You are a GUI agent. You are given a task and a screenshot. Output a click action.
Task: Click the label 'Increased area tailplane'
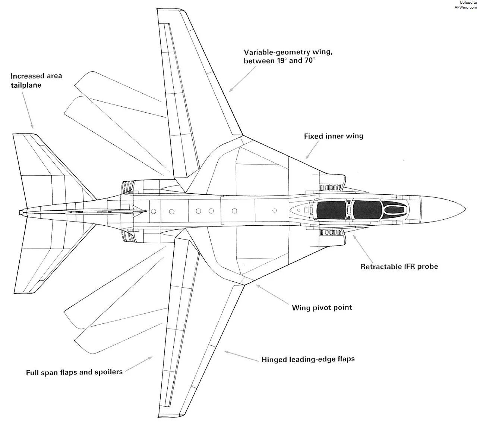(x=36, y=81)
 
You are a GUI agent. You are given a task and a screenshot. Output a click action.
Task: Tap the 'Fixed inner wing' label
(x=334, y=136)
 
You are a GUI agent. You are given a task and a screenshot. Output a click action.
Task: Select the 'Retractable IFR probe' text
(x=399, y=266)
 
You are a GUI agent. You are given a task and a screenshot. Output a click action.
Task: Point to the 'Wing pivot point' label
(x=322, y=308)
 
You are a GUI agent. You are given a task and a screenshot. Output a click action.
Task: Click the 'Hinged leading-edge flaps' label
(x=308, y=359)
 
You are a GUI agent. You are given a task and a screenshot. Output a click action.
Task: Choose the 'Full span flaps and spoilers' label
(x=74, y=372)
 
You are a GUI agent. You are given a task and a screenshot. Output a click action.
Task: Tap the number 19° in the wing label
(x=281, y=60)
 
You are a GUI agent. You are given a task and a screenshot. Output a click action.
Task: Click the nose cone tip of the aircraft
(x=466, y=209)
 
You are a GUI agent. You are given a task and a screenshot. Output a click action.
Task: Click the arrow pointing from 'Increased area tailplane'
(x=28, y=110)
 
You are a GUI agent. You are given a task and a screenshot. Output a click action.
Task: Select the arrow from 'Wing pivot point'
(x=272, y=294)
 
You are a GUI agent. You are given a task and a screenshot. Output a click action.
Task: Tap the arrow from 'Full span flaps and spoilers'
(x=139, y=364)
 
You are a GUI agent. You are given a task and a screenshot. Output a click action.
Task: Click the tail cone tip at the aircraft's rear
(x=20, y=212)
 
